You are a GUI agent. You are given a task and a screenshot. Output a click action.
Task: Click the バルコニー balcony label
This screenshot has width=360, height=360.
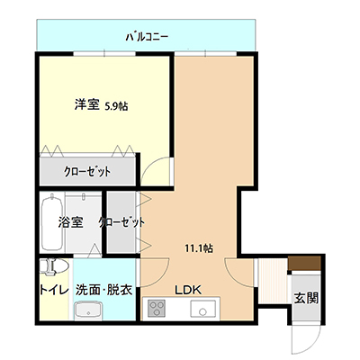147,38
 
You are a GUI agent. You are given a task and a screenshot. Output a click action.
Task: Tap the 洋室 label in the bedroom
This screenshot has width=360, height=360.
86,105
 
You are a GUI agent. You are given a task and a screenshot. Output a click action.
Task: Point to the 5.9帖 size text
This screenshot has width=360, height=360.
116,106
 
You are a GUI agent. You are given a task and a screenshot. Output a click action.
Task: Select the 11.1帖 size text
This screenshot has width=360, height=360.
199,248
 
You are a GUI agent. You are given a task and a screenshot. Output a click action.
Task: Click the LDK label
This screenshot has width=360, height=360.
188,290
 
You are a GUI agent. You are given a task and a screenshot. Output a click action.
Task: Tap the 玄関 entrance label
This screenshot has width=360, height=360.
306,298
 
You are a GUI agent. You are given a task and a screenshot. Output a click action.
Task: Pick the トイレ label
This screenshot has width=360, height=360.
54,290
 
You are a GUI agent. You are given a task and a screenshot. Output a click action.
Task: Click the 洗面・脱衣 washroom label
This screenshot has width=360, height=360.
103,290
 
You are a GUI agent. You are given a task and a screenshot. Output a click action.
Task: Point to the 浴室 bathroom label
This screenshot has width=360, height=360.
70,222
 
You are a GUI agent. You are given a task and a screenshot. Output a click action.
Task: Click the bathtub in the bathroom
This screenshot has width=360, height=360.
52,222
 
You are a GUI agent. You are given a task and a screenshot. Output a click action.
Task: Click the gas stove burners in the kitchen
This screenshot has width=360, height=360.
157,309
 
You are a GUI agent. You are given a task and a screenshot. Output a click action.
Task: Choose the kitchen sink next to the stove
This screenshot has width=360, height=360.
203,309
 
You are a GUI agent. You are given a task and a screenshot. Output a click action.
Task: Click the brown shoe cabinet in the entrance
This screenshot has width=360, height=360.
304,264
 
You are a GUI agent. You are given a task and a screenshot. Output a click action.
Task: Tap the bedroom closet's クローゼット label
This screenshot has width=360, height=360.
87,172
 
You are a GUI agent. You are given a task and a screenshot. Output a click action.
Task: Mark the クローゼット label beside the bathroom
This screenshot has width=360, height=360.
121,222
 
